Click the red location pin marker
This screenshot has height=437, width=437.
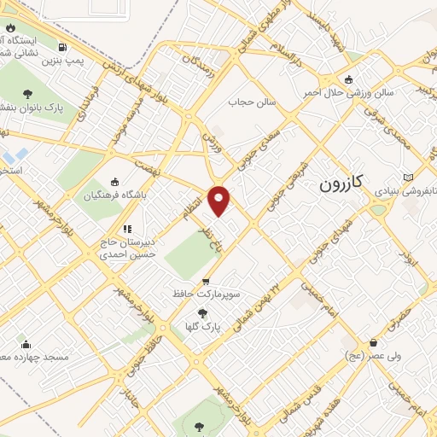pyautogui.click(x=220, y=200)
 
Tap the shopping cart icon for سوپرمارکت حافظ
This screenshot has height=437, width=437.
pyautogui.click(x=205, y=281)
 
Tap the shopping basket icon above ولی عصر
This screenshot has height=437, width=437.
pyautogui.click(x=374, y=340)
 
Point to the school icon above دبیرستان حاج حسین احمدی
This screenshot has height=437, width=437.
pyautogui.click(x=127, y=229)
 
